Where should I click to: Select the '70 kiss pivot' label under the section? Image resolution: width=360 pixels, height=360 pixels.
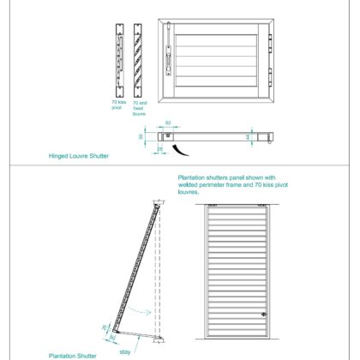point(118,106)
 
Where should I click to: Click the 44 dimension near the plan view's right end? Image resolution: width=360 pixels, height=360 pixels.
point(247,136)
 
